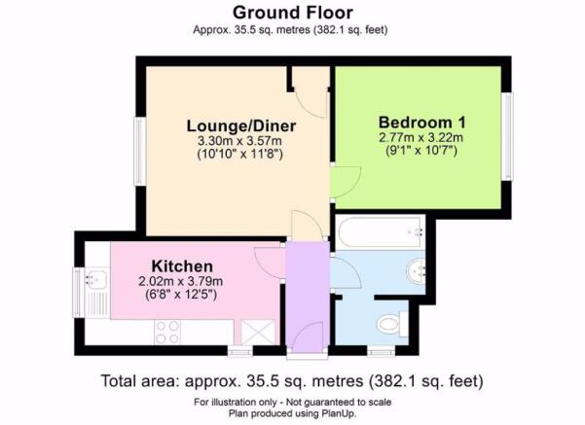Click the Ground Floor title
click(x=293, y=13)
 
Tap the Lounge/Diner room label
click(x=241, y=126)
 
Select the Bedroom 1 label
click(x=422, y=123)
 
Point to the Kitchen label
click(x=182, y=266)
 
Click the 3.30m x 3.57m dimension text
click(x=239, y=141)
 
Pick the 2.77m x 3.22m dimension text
click(x=420, y=137)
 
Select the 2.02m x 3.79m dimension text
click(x=181, y=281)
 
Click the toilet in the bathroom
click(x=391, y=324)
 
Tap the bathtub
click(x=381, y=232)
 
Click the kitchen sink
click(x=96, y=279)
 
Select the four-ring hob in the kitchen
click(x=167, y=333)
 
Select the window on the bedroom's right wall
click(x=507, y=136)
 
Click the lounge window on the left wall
click(x=140, y=152)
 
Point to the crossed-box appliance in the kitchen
click(x=258, y=333)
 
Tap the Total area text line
click(x=292, y=381)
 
